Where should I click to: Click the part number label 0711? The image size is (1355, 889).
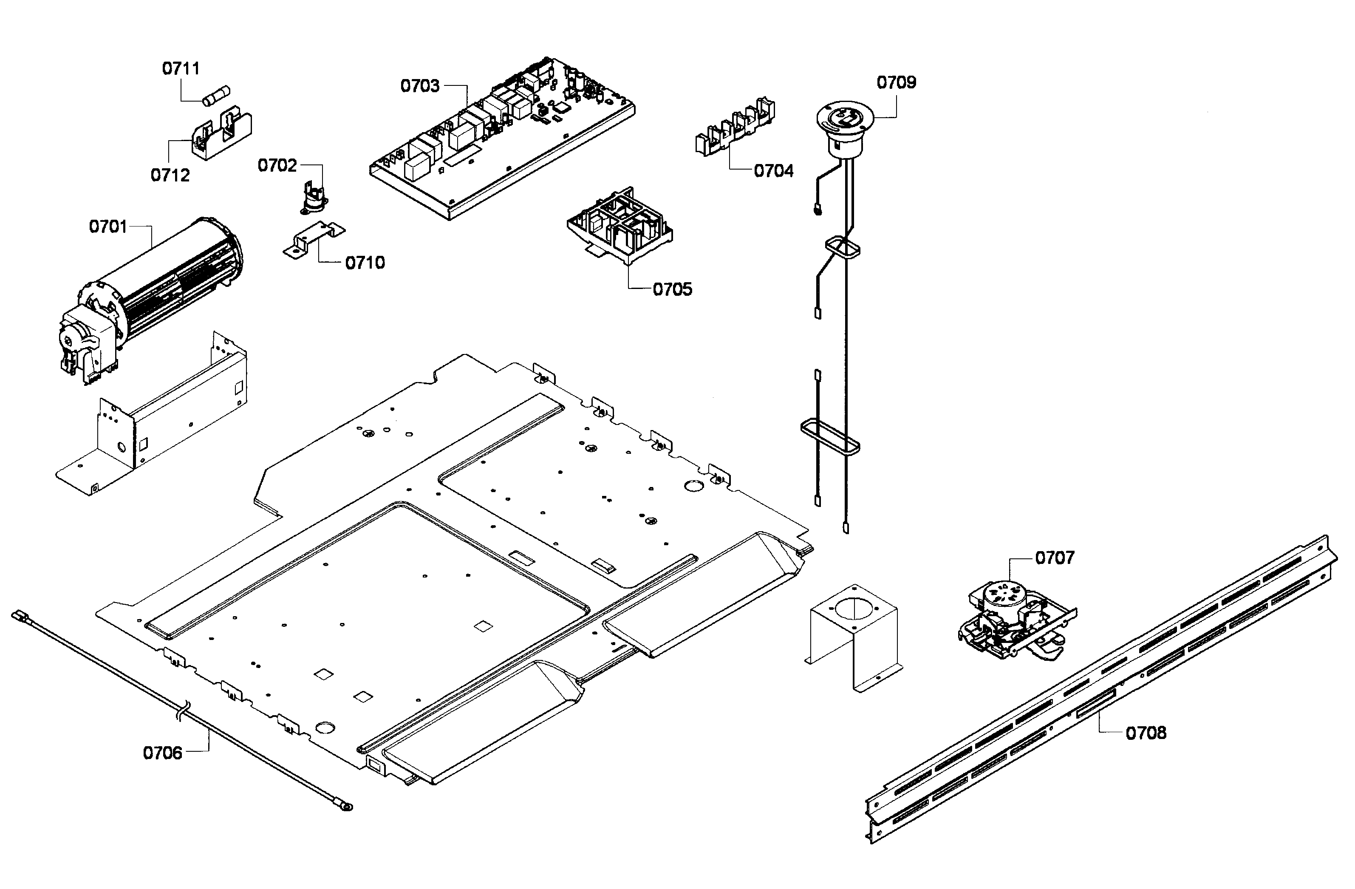[181, 68]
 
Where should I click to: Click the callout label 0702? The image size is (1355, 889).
[277, 166]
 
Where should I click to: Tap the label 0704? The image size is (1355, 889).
[773, 171]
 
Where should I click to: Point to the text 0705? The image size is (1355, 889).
[672, 289]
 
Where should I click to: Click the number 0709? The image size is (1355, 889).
[896, 82]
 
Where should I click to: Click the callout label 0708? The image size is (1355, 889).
[1146, 733]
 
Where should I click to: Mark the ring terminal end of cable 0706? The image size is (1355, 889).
[345, 806]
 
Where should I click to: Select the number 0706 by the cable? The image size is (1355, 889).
[163, 753]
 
